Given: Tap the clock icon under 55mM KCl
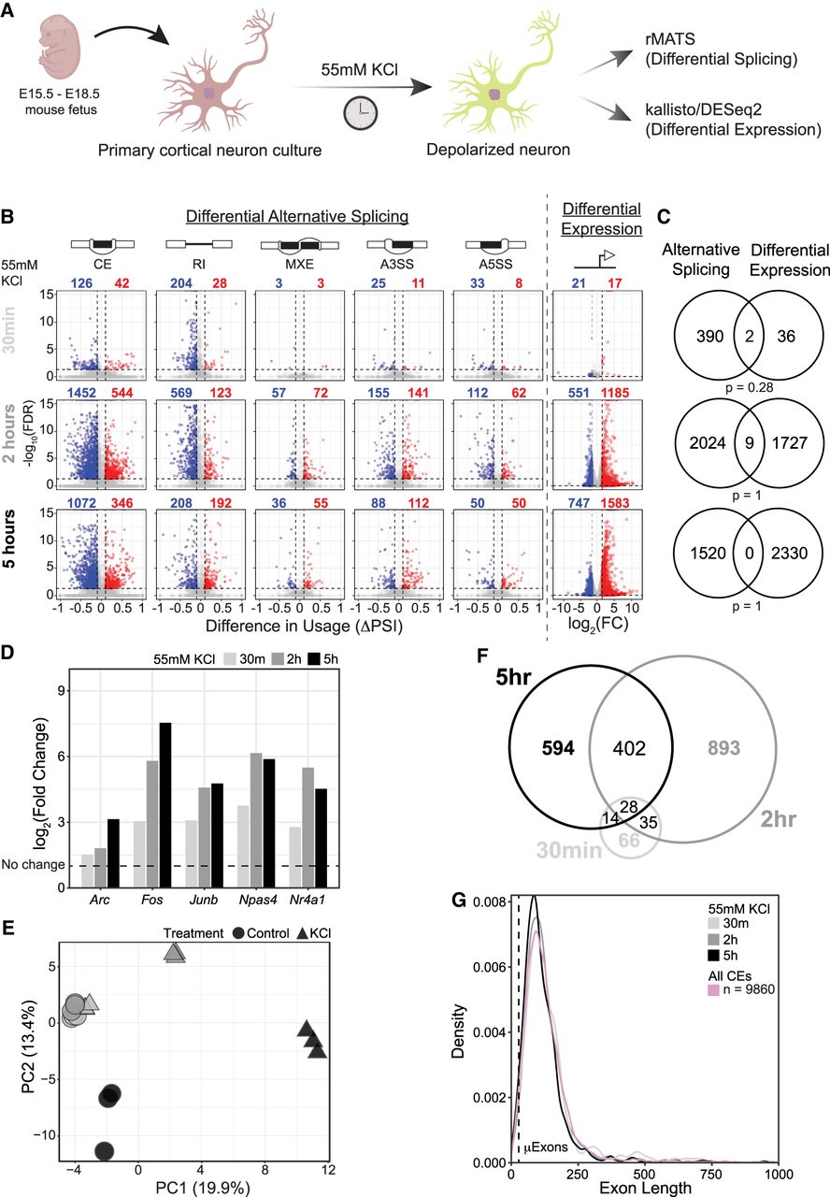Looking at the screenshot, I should pyautogui.click(x=358, y=112).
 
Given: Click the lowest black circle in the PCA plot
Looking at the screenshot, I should pyautogui.click(x=104, y=1149).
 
